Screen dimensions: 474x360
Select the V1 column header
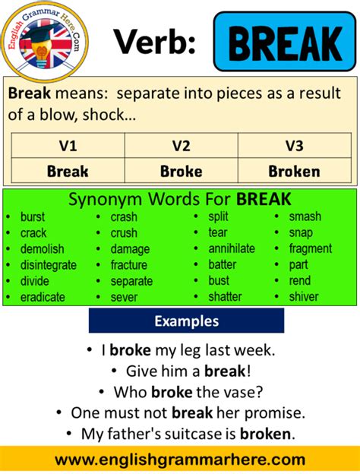pos(68,144)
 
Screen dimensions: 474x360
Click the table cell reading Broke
pos(181,171)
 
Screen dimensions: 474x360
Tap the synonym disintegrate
pos(49,265)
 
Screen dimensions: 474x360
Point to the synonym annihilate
pos(232,248)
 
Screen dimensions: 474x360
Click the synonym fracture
pos(129,265)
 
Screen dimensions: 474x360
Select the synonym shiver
pos(304,297)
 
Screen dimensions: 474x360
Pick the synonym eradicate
pos(43,297)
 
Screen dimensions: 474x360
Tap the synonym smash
pos(305,216)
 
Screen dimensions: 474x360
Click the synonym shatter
pos(225,297)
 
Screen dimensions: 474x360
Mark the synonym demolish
pos(43,248)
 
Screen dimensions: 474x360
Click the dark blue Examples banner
pos(186,321)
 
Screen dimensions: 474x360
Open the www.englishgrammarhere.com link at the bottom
pos(180,460)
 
